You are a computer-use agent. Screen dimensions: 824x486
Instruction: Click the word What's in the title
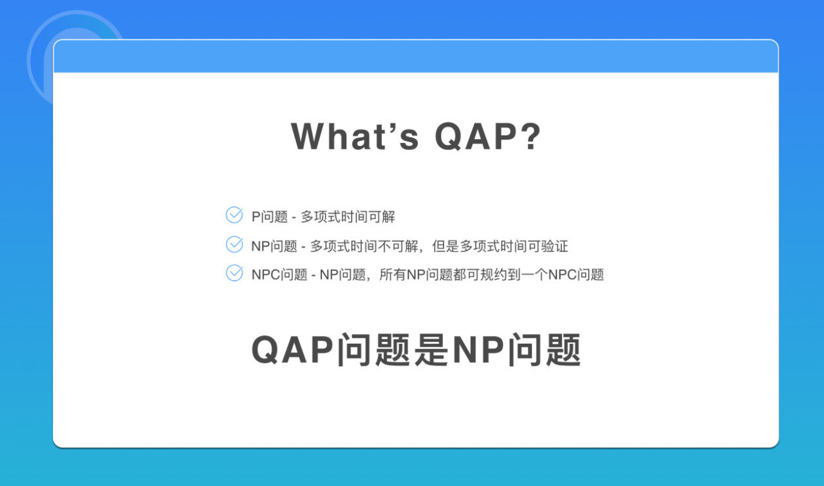(355, 136)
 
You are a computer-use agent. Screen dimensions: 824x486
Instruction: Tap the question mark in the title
(532, 136)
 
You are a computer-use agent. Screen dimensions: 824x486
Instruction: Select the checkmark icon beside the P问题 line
(234, 215)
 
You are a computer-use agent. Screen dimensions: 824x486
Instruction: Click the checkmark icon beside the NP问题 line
(234, 244)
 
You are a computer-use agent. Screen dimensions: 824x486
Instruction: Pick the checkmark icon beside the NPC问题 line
(234, 273)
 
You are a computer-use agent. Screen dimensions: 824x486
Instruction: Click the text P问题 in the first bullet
(269, 217)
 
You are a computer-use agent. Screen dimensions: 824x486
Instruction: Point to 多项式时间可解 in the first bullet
(348, 217)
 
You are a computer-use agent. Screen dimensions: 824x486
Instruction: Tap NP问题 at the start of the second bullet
(274, 246)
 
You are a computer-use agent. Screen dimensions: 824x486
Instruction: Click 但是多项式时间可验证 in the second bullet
(500, 246)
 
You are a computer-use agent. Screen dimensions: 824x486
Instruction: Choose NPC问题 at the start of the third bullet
(279, 275)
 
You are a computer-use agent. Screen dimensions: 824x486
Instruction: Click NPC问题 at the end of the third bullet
(576, 275)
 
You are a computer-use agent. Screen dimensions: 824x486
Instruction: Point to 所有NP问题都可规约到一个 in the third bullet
(464, 275)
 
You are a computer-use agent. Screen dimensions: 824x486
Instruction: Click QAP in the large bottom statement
(292, 350)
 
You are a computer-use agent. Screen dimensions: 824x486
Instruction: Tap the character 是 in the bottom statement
(431, 350)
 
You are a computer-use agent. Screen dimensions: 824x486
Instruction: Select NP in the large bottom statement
(478, 350)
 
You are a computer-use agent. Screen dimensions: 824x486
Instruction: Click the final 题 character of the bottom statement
(563, 350)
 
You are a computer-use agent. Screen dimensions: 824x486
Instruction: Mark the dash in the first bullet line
(294, 218)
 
